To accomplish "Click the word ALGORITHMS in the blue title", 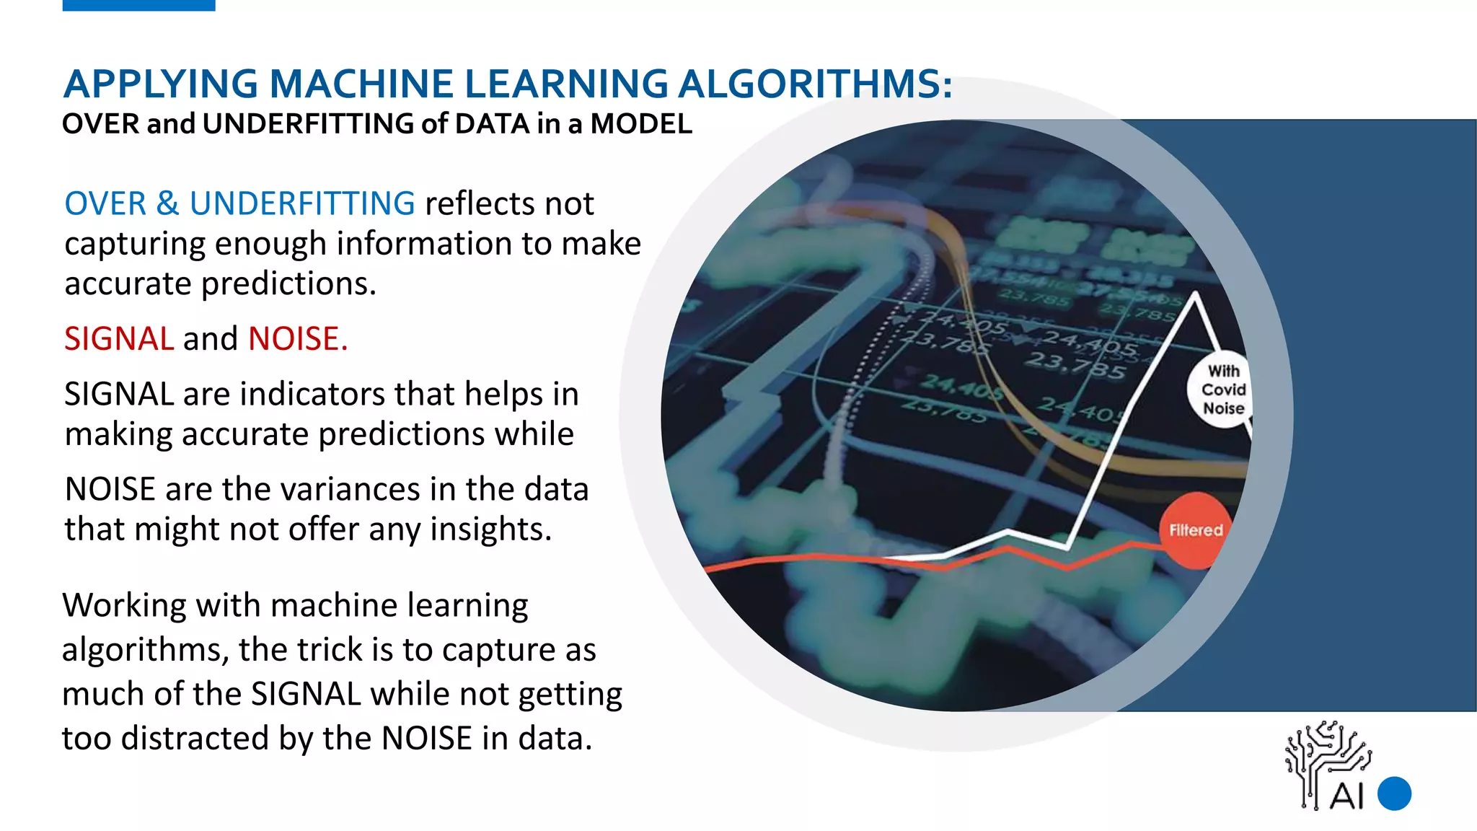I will click(x=815, y=84).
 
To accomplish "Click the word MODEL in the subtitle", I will click(x=641, y=124).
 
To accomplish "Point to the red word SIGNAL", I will click(x=119, y=338).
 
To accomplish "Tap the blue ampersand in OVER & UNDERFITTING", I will click(x=167, y=203).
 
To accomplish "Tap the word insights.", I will click(x=491, y=529).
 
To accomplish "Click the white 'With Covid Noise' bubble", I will click(x=1223, y=390).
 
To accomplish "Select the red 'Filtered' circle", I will click(x=1196, y=530).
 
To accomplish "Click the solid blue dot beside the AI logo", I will click(x=1394, y=793).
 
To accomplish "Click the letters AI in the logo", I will click(x=1346, y=796).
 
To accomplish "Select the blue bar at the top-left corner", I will click(x=138, y=5).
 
